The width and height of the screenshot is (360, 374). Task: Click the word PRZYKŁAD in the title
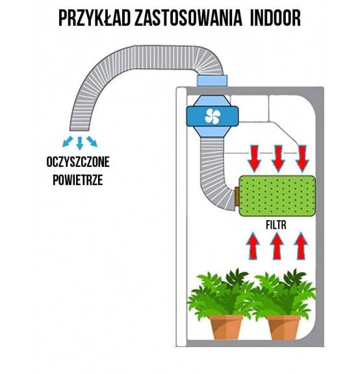pyautogui.click(x=95, y=18)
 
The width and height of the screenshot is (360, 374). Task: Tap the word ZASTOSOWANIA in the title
pyautogui.click(x=188, y=18)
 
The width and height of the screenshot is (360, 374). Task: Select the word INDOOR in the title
pyautogui.click(x=276, y=18)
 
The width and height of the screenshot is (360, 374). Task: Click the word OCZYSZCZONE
pyautogui.click(x=78, y=162)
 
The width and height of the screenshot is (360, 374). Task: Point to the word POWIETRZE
pyautogui.click(x=78, y=180)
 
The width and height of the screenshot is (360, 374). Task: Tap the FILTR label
pyautogui.click(x=276, y=225)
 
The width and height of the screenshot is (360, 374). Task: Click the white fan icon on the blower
pyautogui.click(x=212, y=116)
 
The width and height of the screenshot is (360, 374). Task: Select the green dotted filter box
pyautogui.click(x=277, y=196)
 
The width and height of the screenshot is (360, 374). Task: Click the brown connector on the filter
pyautogui.click(x=237, y=197)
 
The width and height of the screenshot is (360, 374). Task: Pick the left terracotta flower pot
pyautogui.click(x=225, y=327)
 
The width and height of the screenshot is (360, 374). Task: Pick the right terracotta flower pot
pyautogui.click(x=283, y=327)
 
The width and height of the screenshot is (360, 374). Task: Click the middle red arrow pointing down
pyautogui.click(x=278, y=158)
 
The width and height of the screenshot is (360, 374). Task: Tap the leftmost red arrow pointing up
pyautogui.click(x=253, y=246)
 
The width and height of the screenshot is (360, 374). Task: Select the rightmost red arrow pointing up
pyautogui.click(x=301, y=246)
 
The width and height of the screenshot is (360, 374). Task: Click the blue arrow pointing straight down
pyautogui.click(x=80, y=143)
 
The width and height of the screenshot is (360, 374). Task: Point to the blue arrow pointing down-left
pyautogui.click(x=68, y=142)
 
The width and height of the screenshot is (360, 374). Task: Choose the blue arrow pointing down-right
pyautogui.click(x=92, y=142)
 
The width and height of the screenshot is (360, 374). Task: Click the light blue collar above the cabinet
pyautogui.click(x=212, y=81)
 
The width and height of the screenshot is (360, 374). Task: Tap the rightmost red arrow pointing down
pyautogui.click(x=302, y=158)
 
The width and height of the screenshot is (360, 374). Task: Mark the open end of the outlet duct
pyautogui.click(x=79, y=130)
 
